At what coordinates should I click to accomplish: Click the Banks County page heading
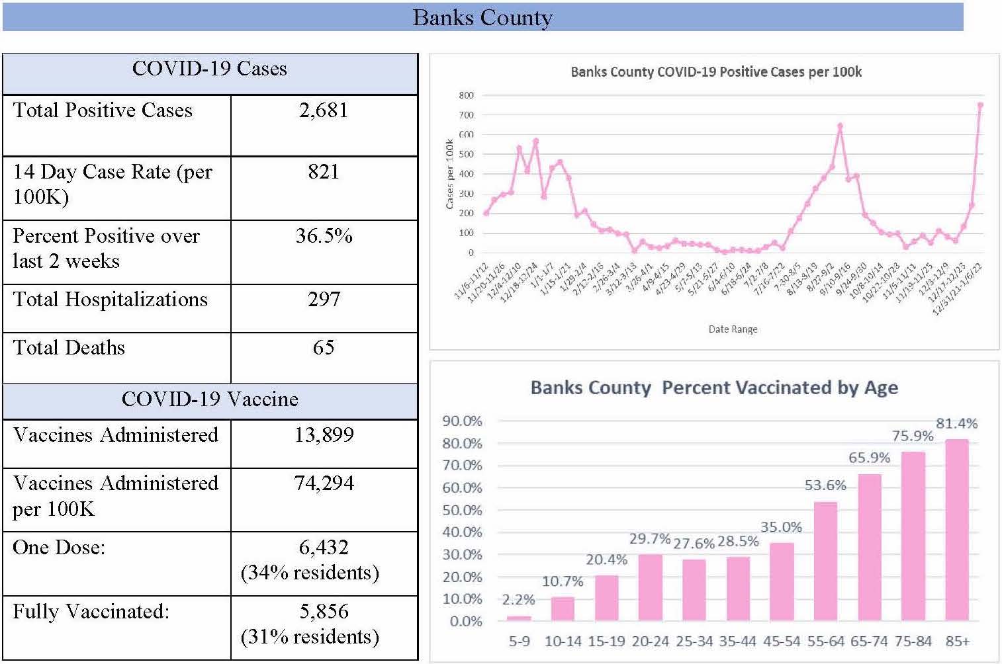tap(482, 17)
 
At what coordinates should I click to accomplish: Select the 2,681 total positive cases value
tap(324, 110)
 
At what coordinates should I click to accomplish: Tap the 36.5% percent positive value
tap(324, 236)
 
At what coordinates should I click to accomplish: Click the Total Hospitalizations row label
tap(110, 300)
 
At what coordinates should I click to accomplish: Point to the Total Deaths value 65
tap(324, 348)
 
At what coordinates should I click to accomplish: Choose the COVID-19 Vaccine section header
tap(210, 399)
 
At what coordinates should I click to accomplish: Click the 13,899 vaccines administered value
tap(324, 435)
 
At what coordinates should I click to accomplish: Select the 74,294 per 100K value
tap(324, 483)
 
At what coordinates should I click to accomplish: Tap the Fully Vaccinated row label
tap(91, 612)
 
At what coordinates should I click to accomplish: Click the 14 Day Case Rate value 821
tap(324, 172)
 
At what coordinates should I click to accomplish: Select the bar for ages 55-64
tap(825, 561)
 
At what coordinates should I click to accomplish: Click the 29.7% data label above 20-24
tap(650, 539)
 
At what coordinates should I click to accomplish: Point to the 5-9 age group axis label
tap(519, 642)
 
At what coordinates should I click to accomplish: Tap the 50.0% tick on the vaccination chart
tap(462, 510)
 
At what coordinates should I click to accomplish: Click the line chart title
tap(716, 71)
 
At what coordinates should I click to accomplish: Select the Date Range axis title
tap(733, 329)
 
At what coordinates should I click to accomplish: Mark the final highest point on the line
tap(980, 104)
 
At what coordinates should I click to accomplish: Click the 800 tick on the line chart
tap(466, 95)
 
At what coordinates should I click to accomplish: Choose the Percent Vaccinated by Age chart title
tap(714, 388)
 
